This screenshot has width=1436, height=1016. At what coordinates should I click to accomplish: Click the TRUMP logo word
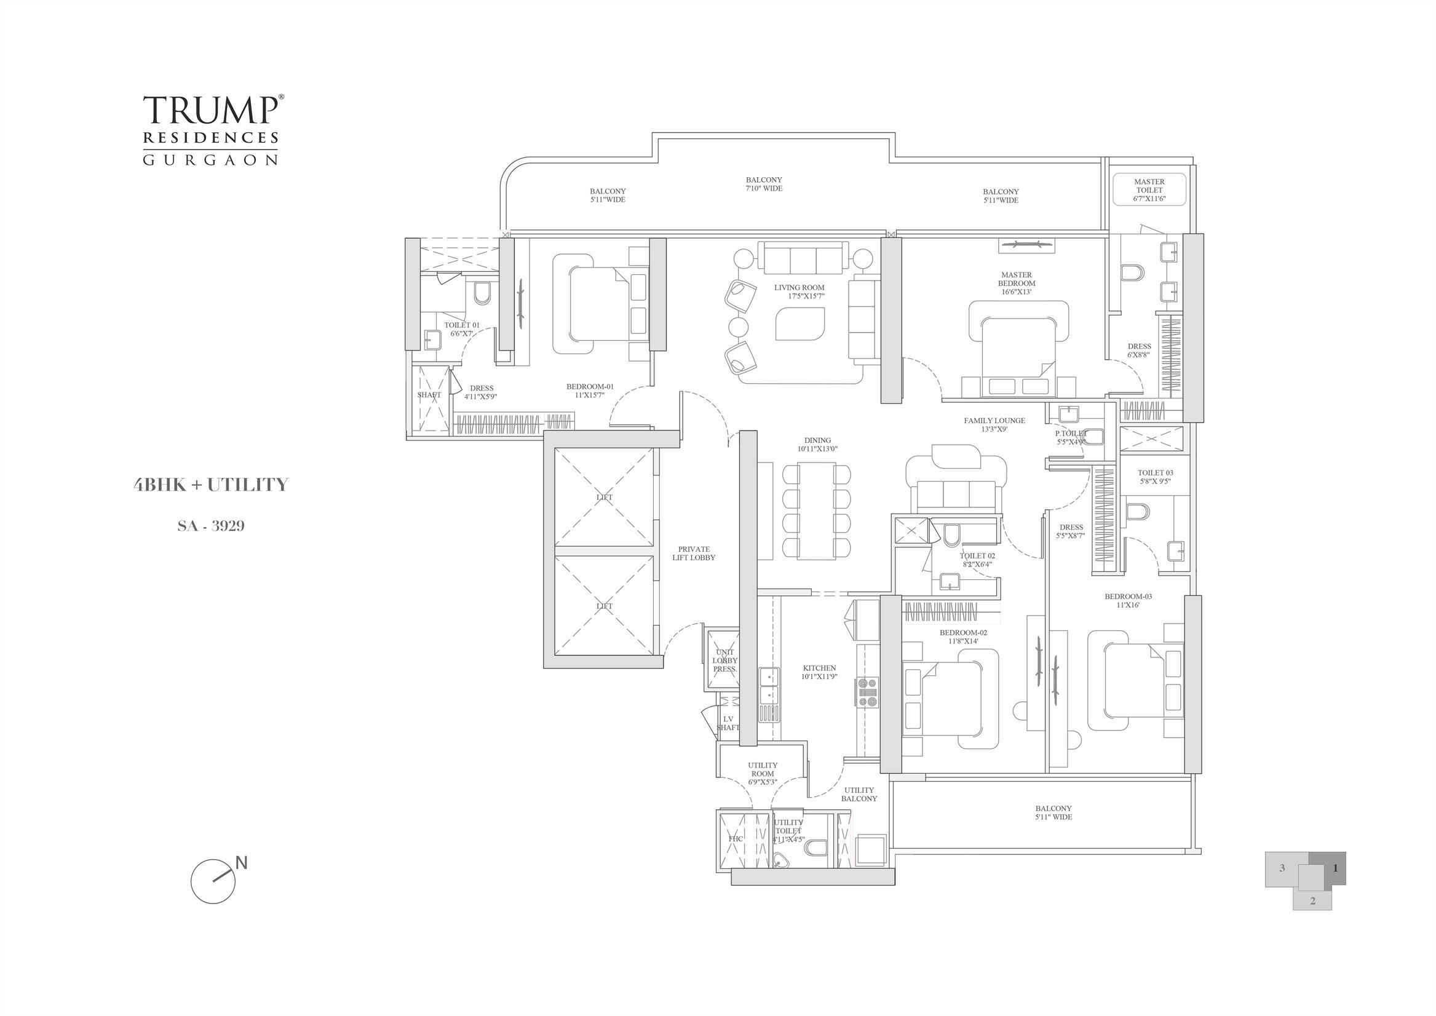(x=210, y=110)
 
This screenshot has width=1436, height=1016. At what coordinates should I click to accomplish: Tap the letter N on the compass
(x=242, y=863)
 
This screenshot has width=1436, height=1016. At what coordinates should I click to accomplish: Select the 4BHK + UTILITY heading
(x=211, y=485)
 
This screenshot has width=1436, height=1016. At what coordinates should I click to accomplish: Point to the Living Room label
(x=799, y=292)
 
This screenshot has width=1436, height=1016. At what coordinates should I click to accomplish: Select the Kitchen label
(x=819, y=672)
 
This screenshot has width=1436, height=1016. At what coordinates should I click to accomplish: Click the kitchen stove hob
(x=867, y=693)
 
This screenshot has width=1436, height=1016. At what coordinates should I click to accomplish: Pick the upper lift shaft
(x=604, y=498)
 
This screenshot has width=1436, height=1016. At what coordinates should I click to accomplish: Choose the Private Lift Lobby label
(x=694, y=553)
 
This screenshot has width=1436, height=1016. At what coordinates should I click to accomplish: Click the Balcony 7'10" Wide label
(x=764, y=184)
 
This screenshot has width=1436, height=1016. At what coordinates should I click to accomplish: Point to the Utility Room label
(x=763, y=773)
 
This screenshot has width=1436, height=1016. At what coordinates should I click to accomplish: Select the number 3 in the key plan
(x=1282, y=868)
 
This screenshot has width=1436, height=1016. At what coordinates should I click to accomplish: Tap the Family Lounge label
(x=994, y=425)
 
